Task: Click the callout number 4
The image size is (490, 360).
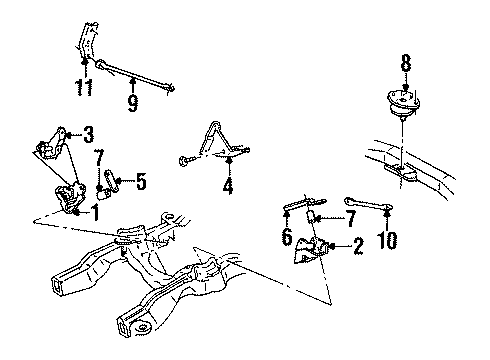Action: click(229, 184)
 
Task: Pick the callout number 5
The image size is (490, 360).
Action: click(141, 181)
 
